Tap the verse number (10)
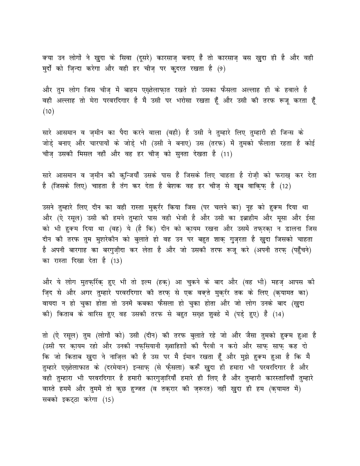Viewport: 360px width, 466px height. click(x=49, y=112)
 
